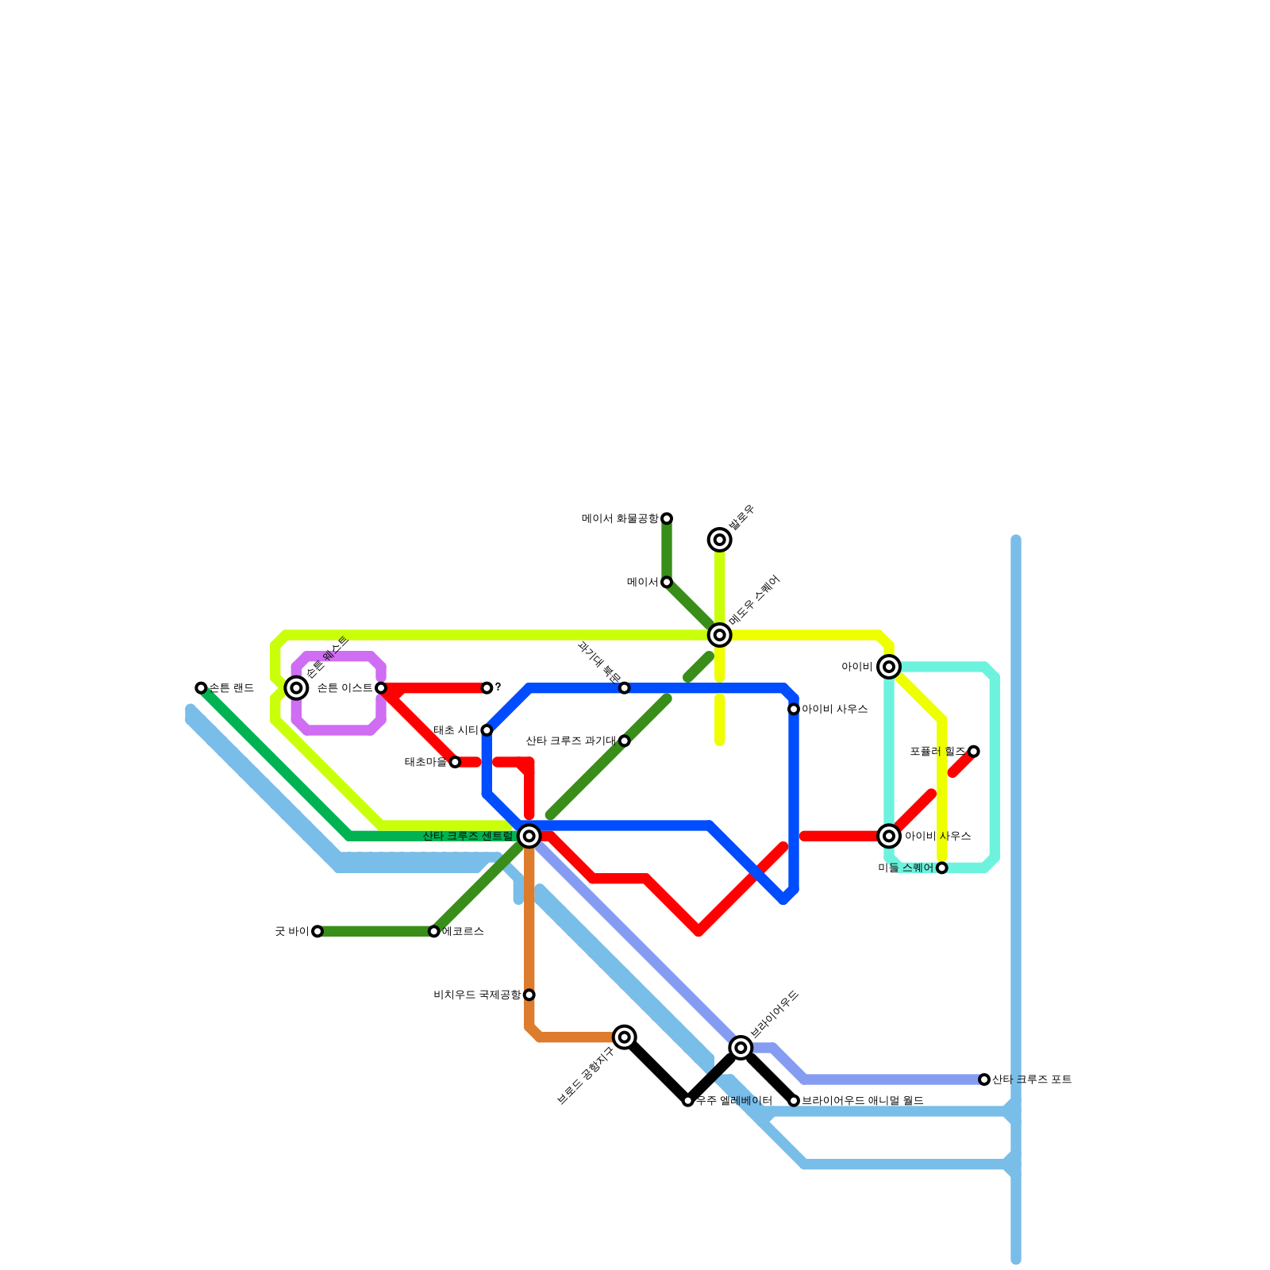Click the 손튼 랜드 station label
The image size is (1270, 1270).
point(232,688)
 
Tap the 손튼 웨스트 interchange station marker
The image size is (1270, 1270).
point(297,688)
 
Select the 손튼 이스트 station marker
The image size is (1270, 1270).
point(381,688)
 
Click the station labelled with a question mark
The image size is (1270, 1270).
point(487,688)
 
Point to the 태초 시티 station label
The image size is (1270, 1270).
point(456,730)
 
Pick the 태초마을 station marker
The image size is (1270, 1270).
point(455,762)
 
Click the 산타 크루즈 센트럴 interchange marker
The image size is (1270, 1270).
point(529,836)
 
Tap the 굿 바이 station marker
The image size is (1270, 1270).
point(317,931)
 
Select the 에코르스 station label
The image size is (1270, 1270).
point(463,931)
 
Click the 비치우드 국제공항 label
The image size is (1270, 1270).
point(477,995)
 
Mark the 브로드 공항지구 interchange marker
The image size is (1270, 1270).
point(625,1037)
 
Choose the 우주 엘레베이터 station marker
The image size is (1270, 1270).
point(688,1101)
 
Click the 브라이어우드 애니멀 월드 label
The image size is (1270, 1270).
point(862,1101)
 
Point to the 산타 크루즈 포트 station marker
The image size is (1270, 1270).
point(984,1079)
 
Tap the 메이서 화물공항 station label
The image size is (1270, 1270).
point(620,519)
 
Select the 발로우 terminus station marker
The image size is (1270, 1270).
point(720,541)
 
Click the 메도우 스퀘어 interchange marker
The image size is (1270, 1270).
point(720,635)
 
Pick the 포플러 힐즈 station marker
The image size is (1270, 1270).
point(974,752)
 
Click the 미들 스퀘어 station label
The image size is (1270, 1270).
point(906,868)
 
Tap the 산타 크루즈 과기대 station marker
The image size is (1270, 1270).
point(625,741)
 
